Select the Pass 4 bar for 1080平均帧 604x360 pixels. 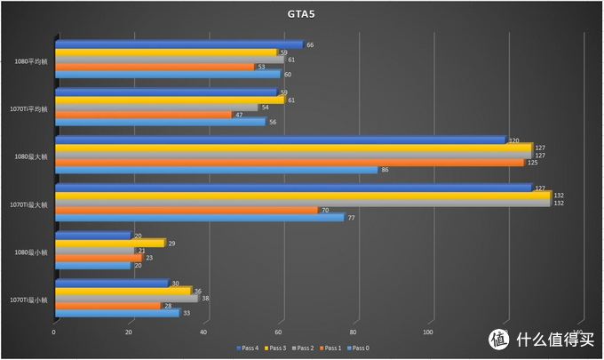(x=178, y=44)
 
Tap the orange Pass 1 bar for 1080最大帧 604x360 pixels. (x=289, y=163)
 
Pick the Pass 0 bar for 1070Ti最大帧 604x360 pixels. (x=198, y=218)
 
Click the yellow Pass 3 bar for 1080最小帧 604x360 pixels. (x=109, y=243)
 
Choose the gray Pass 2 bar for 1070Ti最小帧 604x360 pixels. (x=125, y=299)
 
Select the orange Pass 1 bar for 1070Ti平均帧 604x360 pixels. (x=142, y=115)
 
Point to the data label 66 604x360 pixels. (x=311, y=44)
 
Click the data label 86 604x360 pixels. (x=385, y=170)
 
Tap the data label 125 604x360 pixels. (x=533, y=163)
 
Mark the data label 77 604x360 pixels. (x=352, y=218)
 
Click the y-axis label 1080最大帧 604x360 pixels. (x=33, y=156)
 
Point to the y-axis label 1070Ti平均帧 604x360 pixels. (x=30, y=108)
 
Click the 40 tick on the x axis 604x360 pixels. (x=204, y=332)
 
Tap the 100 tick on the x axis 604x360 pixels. (x=428, y=332)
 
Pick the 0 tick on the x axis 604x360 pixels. (x=54, y=332)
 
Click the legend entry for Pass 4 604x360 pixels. (x=248, y=348)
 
